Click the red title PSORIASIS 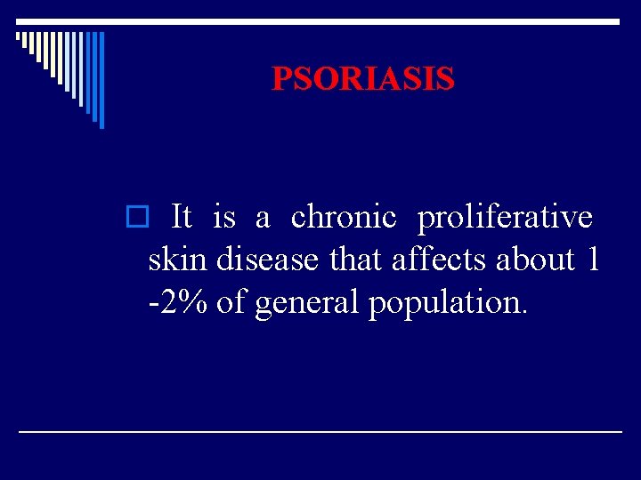362,79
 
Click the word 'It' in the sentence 181,216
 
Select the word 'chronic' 343,216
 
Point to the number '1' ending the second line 592,260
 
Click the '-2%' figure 178,302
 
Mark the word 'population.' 449,304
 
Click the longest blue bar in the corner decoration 101,80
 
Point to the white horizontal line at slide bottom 320,431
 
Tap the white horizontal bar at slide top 320,21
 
